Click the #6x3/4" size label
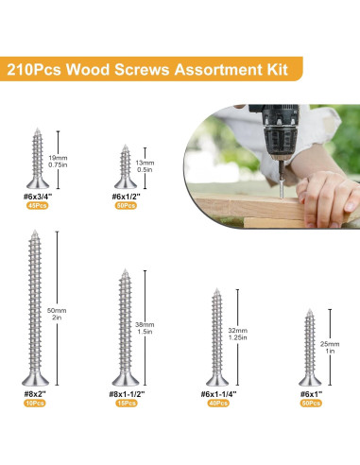tap(39, 196)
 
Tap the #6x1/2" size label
tap(128, 196)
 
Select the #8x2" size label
tap(35, 392)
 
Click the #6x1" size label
tap(311, 392)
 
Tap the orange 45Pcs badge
tap(39, 205)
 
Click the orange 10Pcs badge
tap(35, 403)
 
